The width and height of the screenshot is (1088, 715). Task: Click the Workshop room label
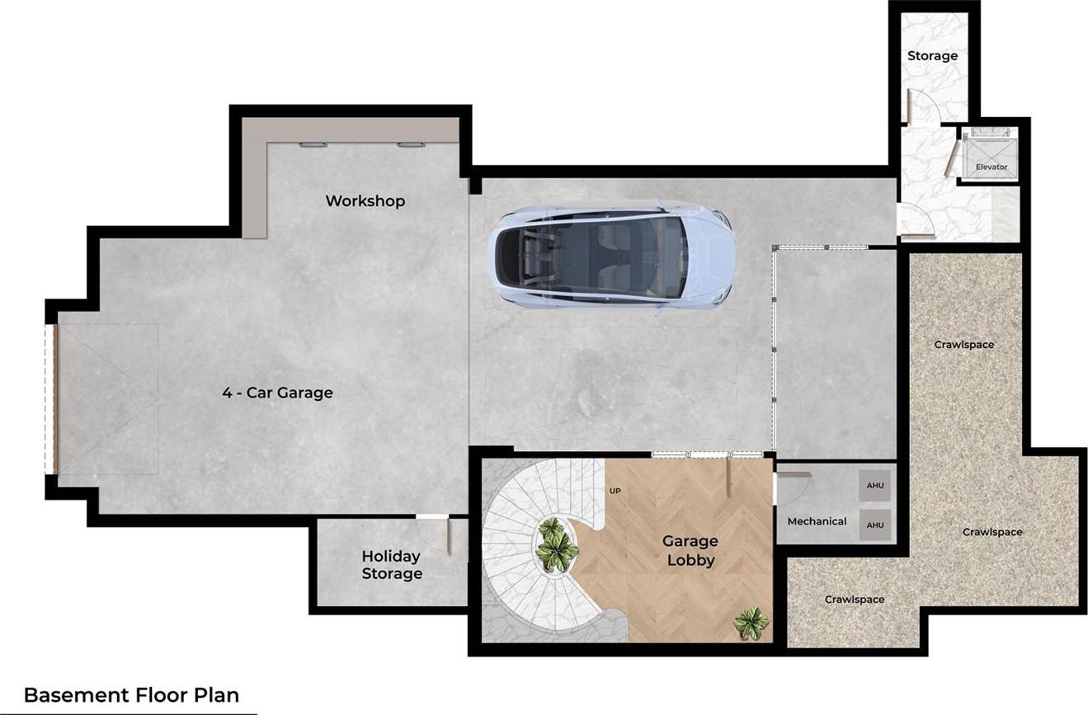365,200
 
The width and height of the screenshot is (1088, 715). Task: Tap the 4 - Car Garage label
277,392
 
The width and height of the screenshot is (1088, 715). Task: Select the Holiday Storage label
392,564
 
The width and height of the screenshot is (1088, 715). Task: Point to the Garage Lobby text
690,550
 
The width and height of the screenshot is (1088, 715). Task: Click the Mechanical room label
817,521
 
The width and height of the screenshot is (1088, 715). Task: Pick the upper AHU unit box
874,485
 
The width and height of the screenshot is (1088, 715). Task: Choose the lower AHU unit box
874,524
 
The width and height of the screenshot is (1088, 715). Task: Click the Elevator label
991,167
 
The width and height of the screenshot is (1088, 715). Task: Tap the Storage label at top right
933,56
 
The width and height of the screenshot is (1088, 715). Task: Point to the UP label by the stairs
615,491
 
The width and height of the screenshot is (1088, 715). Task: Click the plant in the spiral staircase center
556,544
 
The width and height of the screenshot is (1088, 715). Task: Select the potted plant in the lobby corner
751,623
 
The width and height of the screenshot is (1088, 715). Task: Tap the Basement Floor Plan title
132,695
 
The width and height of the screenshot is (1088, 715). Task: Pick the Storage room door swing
923,105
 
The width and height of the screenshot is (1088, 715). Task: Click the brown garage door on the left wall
55,399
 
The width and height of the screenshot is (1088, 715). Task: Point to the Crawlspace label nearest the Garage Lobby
855,600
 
